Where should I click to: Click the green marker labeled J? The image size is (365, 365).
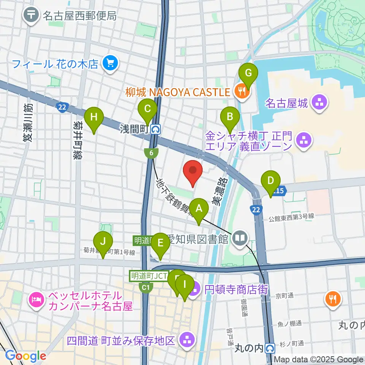[103, 243]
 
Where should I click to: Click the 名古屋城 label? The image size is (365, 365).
[286, 103]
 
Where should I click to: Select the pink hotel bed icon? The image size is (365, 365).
[36, 300]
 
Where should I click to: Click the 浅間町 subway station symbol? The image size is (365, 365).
[155, 130]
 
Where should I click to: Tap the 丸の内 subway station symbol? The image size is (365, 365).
[270, 348]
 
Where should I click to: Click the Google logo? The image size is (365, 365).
[25, 356]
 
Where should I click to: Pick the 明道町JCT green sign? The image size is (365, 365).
[149, 276]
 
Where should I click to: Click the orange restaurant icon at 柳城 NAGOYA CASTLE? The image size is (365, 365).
[240, 91]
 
